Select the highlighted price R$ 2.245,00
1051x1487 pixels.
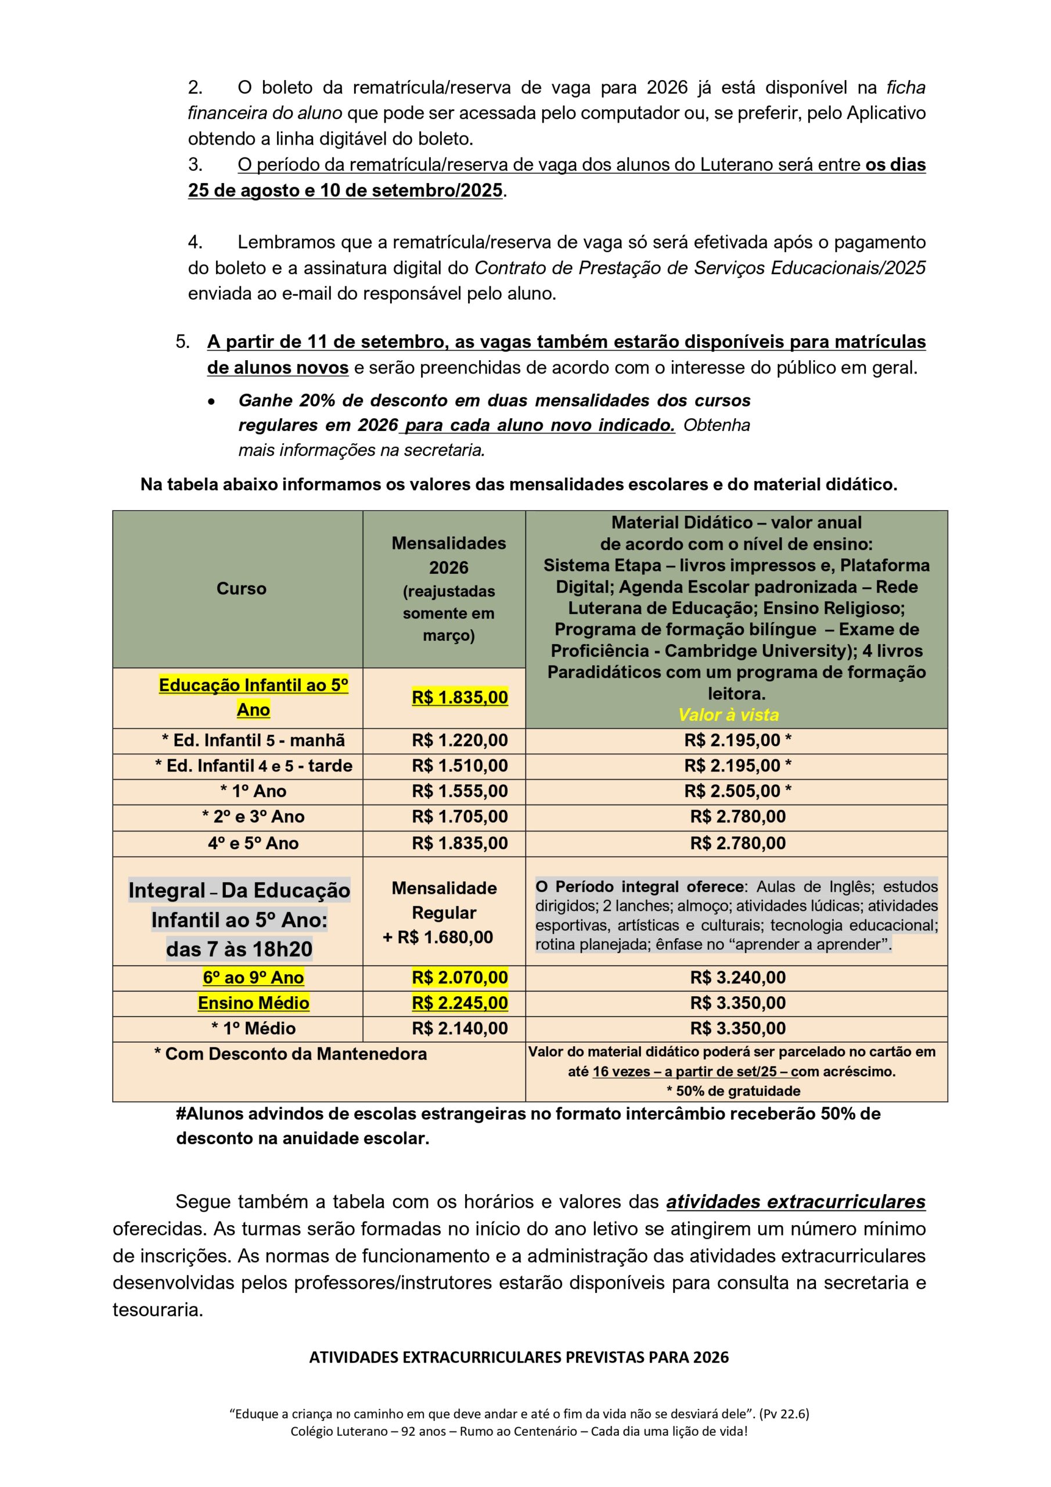pos(460,1003)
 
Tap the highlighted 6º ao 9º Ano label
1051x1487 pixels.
pos(253,978)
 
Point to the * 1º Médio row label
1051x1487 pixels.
pos(253,1029)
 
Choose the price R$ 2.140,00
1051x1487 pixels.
pos(460,1029)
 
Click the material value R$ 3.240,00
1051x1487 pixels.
pos(737,978)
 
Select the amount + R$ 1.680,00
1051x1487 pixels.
pos(438,937)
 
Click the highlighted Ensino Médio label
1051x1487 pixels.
pos(253,1003)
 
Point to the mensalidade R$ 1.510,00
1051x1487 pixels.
pos(460,766)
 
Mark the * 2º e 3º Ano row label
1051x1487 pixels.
pos(253,817)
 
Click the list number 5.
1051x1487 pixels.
pos(182,342)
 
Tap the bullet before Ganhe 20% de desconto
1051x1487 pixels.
pos(211,401)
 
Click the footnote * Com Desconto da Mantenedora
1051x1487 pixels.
pos(290,1054)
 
